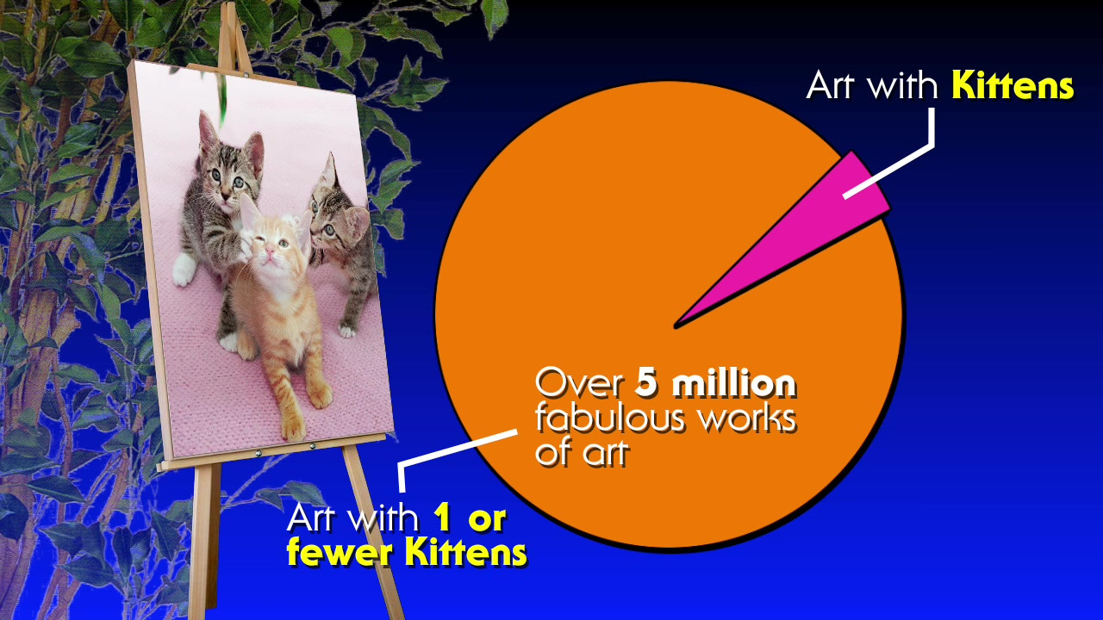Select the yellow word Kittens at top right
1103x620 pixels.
[x=1013, y=85]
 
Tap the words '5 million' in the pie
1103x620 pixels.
[x=715, y=384]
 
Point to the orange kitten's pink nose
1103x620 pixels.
[x=270, y=251]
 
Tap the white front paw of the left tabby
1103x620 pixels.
[x=184, y=270]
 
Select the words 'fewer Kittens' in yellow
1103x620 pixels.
[x=407, y=553]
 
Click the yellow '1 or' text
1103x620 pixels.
[x=470, y=518]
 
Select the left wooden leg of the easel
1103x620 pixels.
[x=202, y=542]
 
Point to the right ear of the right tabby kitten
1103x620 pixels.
[x=358, y=221]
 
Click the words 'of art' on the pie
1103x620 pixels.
[x=582, y=453]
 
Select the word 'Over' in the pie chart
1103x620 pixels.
[x=580, y=384]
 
